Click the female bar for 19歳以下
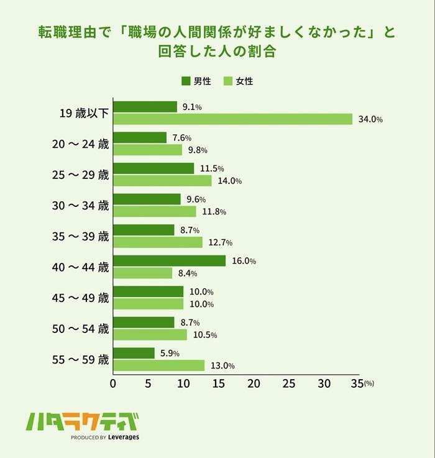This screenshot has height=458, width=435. click(232, 119)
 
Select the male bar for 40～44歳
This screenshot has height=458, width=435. click(169, 261)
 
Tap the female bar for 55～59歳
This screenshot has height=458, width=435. click(158, 365)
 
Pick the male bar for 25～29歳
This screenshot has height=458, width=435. click(153, 168)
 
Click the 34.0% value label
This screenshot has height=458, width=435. click(370, 119)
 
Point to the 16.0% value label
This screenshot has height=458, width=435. click(244, 261)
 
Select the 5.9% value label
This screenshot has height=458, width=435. click(170, 354)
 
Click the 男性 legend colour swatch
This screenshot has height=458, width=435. click(186, 81)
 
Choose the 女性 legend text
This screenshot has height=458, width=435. click(245, 81)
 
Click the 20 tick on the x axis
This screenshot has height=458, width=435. click(254, 384)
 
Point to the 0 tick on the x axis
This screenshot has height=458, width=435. click(113, 384)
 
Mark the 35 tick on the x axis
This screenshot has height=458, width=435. click(356, 384)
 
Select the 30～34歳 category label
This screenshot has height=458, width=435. click(80, 206)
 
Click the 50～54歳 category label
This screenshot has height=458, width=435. click(80, 329)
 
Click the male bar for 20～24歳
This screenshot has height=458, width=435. click(140, 137)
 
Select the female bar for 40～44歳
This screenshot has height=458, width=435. click(142, 273)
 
